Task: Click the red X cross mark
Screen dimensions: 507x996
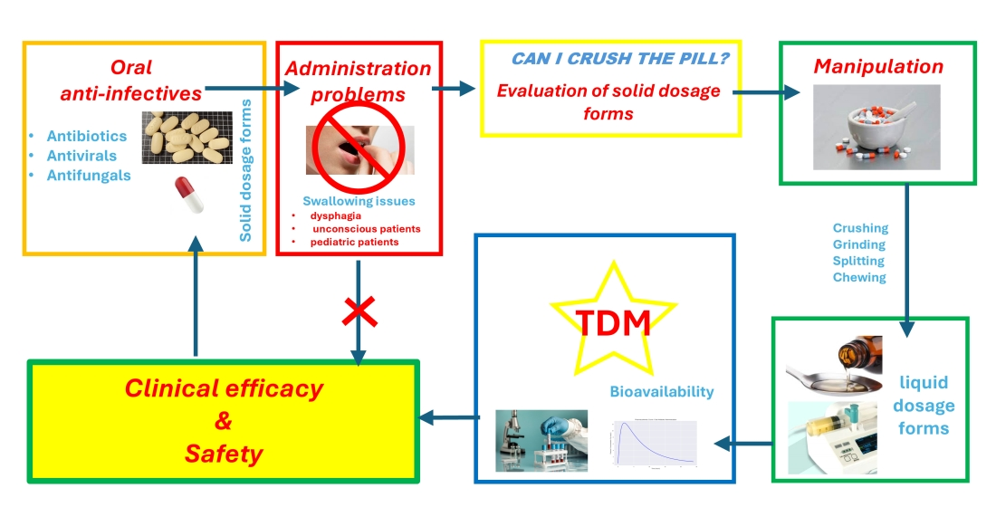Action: click(x=359, y=311)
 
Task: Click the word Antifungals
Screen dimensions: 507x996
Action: click(x=89, y=175)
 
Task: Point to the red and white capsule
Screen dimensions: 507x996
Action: click(x=188, y=196)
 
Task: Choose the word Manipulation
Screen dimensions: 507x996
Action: click(x=877, y=66)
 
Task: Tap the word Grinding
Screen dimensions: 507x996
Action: click(x=859, y=244)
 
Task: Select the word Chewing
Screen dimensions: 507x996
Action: click(x=859, y=277)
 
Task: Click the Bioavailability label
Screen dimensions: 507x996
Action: click(x=661, y=392)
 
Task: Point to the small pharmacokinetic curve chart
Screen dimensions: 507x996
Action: click(x=654, y=441)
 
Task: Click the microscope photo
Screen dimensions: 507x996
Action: click(x=541, y=440)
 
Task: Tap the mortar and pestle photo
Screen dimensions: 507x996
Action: click(x=876, y=127)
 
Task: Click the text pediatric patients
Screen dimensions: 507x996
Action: click(x=354, y=242)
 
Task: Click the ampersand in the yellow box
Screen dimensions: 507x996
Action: click(x=223, y=422)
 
